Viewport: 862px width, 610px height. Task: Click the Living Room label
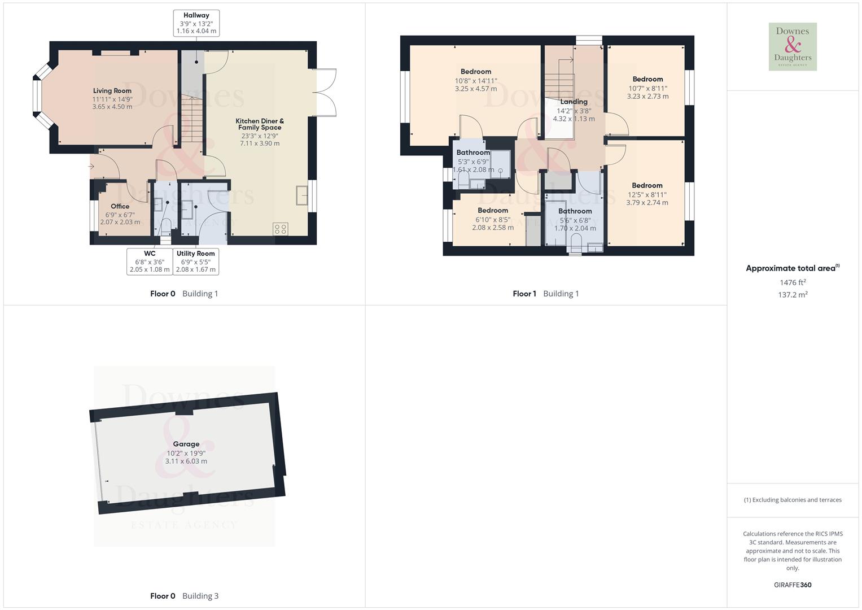click(112, 91)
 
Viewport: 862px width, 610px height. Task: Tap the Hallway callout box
click(196, 23)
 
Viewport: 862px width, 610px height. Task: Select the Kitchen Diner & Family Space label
click(260, 124)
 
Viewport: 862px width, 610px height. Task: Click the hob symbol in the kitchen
click(281, 229)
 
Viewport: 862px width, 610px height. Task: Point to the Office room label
click(120, 207)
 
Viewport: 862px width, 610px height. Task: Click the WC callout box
click(149, 262)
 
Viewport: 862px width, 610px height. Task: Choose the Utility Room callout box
click(195, 262)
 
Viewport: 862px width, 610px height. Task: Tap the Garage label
click(186, 445)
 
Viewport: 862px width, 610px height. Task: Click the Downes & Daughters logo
click(793, 47)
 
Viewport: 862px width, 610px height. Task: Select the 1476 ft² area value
click(793, 282)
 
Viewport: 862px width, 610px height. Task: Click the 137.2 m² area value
click(793, 295)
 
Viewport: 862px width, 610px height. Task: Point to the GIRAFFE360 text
click(793, 585)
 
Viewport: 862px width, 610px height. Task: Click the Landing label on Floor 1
click(574, 102)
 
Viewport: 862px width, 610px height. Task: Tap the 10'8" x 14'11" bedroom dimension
click(476, 81)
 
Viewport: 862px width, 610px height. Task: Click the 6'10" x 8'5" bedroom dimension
click(493, 220)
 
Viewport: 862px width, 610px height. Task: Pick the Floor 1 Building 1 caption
click(545, 294)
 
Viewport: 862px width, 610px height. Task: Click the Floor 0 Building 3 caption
click(184, 596)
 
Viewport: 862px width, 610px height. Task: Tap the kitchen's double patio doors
click(326, 93)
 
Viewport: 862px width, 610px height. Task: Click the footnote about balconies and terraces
click(793, 500)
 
